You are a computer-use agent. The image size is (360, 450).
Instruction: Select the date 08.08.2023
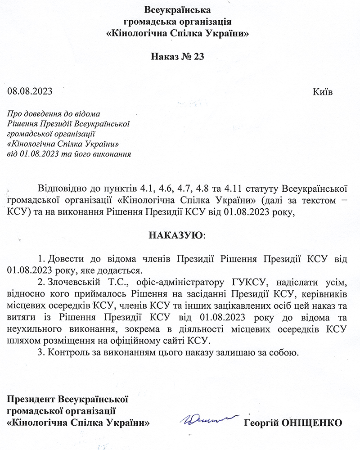30,92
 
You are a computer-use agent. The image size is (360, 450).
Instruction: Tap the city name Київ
322,92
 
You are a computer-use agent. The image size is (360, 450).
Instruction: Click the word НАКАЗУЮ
175,235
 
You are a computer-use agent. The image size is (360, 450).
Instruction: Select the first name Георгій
261,423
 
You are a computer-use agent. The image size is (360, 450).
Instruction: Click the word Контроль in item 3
67,352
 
